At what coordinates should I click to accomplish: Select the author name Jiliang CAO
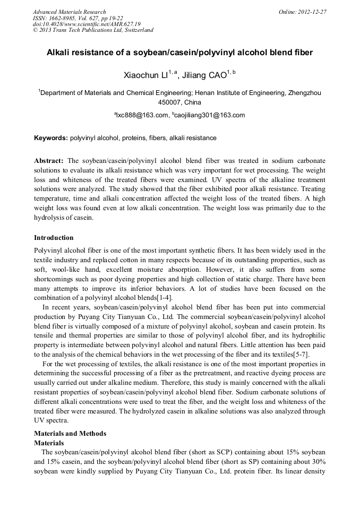click(204, 76)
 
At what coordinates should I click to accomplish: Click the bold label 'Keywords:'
click(51, 138)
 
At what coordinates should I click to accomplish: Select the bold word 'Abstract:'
click(49, 160)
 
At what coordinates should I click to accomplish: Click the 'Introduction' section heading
click(54, 237)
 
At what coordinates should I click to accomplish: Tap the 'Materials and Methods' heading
click(70, 434)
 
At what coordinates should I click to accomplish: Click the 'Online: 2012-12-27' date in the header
click(303, 12)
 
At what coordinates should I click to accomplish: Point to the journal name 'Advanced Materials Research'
click(69, 12)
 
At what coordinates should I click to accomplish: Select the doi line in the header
click(87, 24)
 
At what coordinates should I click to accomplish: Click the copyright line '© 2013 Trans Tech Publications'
click(93, 30)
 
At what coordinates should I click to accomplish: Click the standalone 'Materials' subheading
click(49, 442)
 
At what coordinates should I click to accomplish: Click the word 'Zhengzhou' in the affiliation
click(304, 92)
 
